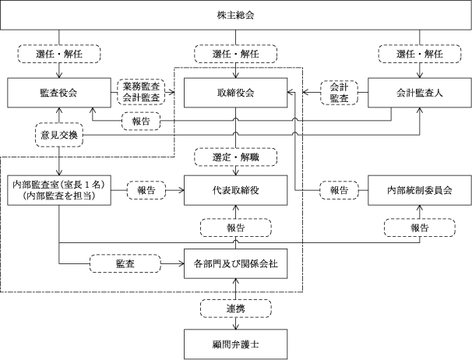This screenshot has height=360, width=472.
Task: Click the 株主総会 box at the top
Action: [236, 15]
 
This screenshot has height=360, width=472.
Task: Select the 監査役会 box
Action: [59, 93]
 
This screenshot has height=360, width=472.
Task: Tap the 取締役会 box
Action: [236, 93]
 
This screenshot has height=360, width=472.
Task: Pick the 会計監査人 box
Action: [420, 93]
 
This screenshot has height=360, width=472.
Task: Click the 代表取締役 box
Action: [236, 190]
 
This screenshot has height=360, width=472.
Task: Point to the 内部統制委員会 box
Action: [420, 190]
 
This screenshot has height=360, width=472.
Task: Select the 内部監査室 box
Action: [59, 190]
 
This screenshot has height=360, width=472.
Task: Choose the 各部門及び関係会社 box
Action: [236, 263]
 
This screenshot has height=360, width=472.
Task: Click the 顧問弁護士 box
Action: [236, 344]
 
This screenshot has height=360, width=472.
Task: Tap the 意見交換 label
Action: [59, 135]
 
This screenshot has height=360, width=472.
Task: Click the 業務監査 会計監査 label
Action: [141, 92]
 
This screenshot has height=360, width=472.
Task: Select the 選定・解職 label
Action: [236, 157]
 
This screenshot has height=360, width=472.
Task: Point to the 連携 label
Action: [236, 309]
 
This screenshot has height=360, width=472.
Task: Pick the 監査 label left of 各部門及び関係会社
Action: [125, 263]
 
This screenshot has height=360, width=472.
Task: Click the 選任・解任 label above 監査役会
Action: [59, 54]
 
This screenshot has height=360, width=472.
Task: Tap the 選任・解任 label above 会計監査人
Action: [420, 54]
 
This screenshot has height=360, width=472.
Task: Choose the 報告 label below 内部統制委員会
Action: [420, 228]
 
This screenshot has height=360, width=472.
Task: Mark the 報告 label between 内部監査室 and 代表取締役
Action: [146, 190]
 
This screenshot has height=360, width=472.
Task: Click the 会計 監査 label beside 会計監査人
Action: [339, 93]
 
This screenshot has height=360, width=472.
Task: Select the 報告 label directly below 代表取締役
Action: [236, 228]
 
